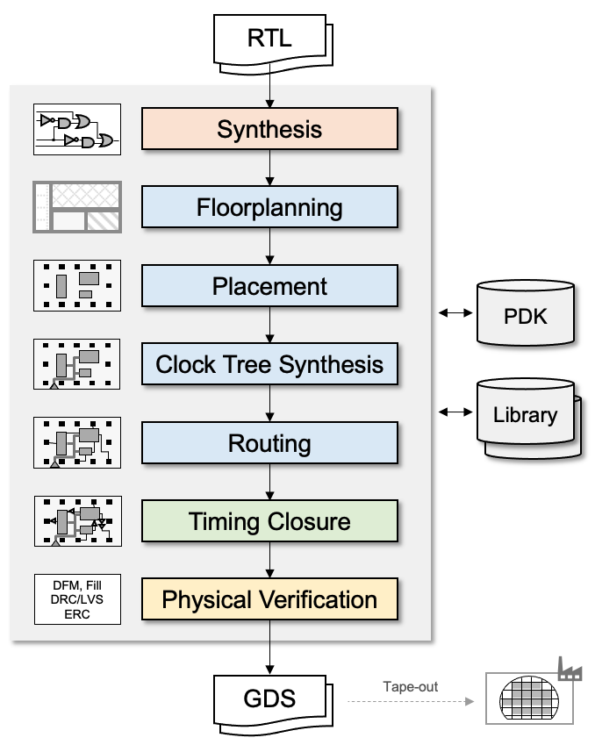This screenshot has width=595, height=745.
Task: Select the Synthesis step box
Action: point(269,130)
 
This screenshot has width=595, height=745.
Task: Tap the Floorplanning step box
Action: point(269,208)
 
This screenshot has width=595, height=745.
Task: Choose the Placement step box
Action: point(269,286)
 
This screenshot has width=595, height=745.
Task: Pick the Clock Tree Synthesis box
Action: point(269,364)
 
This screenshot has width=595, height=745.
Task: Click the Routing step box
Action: point(269,443)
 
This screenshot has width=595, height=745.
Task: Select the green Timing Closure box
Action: point(269,521)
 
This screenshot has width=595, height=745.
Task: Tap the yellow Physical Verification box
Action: point(269,600)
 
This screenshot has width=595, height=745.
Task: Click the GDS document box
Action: point(269,699)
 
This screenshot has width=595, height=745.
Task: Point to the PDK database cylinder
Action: point(526,315)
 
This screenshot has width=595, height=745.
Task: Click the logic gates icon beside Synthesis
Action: point(76,130)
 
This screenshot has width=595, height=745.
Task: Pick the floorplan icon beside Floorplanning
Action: point(76,208)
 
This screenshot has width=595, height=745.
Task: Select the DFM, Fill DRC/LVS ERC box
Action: point(76,600)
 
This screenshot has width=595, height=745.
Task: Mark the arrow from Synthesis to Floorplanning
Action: point(269,168)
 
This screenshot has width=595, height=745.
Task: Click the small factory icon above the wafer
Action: point(570,671)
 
